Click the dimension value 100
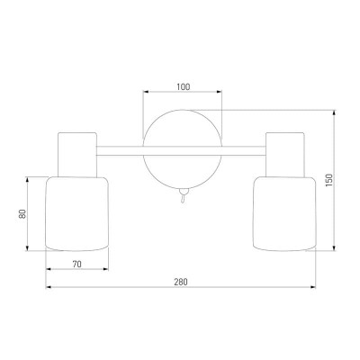pyautogui.click(x=183, y=87)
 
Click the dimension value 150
pyautogui.click(x=329, y=181)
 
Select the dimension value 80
pyautogui.click(x=22, y=213)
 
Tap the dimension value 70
pyautogui.click(x=76, y=265)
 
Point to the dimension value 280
pyautogui.click(x=181, y=282)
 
